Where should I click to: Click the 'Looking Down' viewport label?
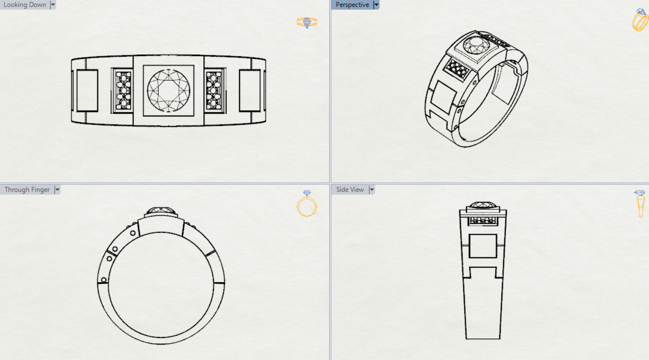pos(25,5)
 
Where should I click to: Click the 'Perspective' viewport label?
pos(352,5)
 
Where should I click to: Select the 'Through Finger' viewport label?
pos(27,190)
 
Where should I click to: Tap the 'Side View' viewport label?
pos(350,190)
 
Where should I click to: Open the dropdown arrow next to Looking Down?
pos(53,5)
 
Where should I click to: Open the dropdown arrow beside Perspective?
pos(376,5)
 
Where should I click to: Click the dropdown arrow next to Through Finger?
pos(57,190)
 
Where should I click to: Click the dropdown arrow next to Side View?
pos(372,190)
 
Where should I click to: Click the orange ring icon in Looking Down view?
pos(307,22)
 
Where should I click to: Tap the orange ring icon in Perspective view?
pos(640,20)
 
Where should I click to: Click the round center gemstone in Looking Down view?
pos(168,90)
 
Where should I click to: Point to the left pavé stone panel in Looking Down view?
pos(123,91)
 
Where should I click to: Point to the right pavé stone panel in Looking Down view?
pos(214,91)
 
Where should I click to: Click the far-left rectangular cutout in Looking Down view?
pos(87,91)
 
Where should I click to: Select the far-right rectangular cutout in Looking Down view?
pos(250,91)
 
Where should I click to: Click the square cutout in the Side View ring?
pos(482,246)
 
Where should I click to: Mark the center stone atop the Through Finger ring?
pos(161,211)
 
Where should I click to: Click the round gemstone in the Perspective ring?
pos(476,45)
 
